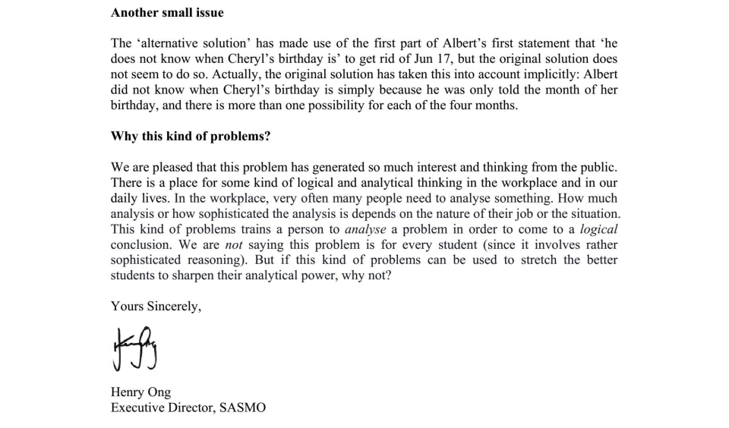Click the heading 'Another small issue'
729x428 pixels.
(x=167, y=12)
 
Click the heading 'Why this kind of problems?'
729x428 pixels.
(x=191, y=136)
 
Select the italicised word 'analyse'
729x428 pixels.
(x=365, y=229)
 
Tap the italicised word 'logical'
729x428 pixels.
(x=598, y=229)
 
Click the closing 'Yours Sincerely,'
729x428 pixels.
(x=156, y=307)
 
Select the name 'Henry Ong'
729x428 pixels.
(x=140, y=392)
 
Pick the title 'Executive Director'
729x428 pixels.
(x=161, y=408)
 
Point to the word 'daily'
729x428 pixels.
(x=126, y=198)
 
